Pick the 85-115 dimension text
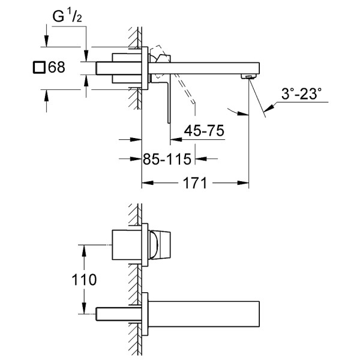[x=167, y=159]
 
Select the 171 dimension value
[x=194, y=183]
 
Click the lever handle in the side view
[x=163, y=90]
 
